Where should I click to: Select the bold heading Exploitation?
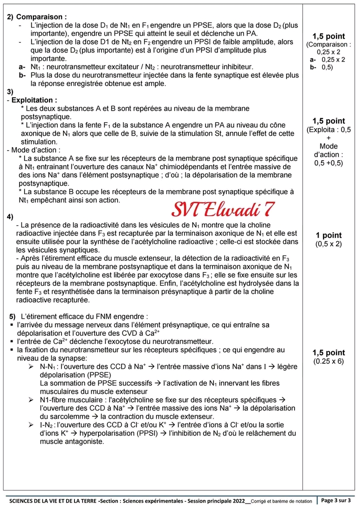tap(33, 100)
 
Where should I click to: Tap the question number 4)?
tap(10, 217)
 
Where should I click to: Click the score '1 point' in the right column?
tap(328, 235)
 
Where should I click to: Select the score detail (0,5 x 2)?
tap(328, 244)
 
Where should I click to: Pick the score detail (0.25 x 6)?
tap(328, 361)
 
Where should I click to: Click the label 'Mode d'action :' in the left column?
tap(34, 150)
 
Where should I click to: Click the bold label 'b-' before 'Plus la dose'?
tap(22, 75)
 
